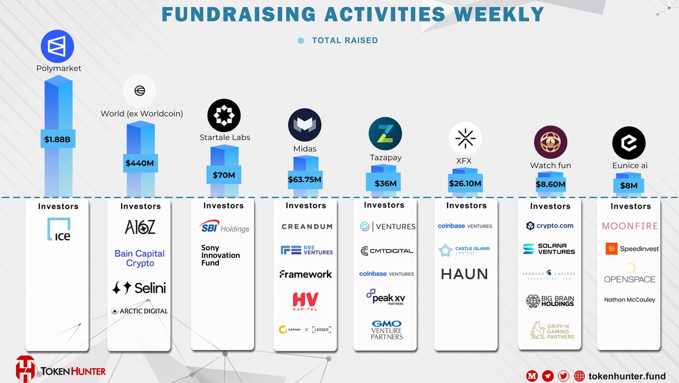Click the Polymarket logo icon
tap(57, 46)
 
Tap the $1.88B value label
tap(58, 138)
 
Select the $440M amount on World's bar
tap(140, 163)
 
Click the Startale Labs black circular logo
tap(224, 115)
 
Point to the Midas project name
tap(304, 149)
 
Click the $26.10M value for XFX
tap(465, 184)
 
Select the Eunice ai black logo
tap(629, 143)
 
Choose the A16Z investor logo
tap(140, 227)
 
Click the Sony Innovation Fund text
tap(221, 256)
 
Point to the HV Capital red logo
tap(306, 301)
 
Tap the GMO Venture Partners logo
tap(386, 330)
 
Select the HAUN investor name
tap(464, 274)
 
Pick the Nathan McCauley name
tap(629, 300)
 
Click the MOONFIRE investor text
tap(630, 226)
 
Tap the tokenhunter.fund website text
tap(627, 376)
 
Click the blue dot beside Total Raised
tap(301, 41)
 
